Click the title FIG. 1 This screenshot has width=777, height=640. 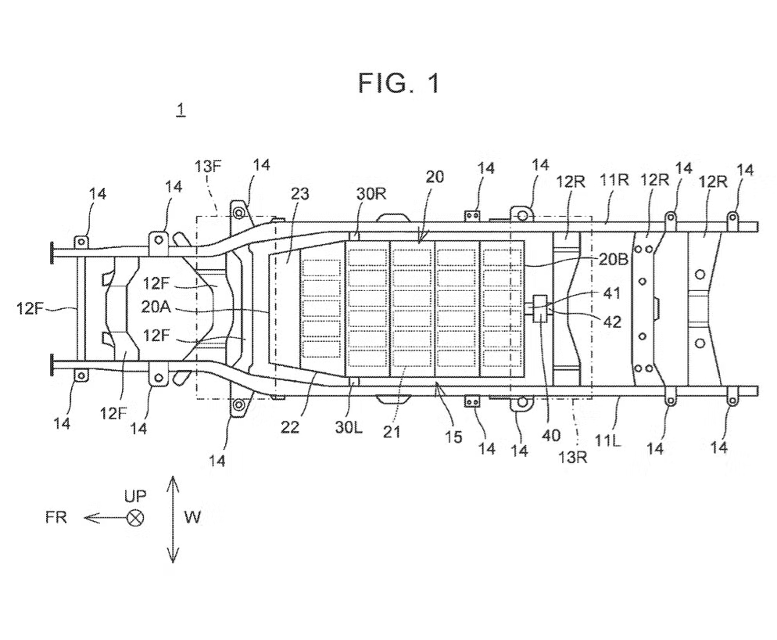coord(399,84)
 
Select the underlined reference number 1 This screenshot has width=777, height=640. coord(181,110)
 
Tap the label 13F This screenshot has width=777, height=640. coord(207,166)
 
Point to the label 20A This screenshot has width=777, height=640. coord(156,307)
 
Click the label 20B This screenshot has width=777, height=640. coord(613,260)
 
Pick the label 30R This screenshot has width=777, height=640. coord(371,193)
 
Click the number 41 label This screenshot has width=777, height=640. coord(612,293)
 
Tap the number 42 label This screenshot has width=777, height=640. coord(613,322)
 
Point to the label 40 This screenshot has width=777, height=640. coord(550,436)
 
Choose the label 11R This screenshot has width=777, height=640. coord(614,180)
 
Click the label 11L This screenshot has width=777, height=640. coord(607,440)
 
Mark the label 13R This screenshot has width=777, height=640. coord(573,457)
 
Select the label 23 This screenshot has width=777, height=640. coord(299,193)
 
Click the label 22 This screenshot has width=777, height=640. coord(290,426)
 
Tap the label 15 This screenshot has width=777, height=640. coord(453,437)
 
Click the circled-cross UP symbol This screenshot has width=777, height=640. coord(134,519)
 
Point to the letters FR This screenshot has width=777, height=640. coord(56,517)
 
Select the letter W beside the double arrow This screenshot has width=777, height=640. coord(193,517)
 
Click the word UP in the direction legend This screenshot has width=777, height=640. coord(135,495)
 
